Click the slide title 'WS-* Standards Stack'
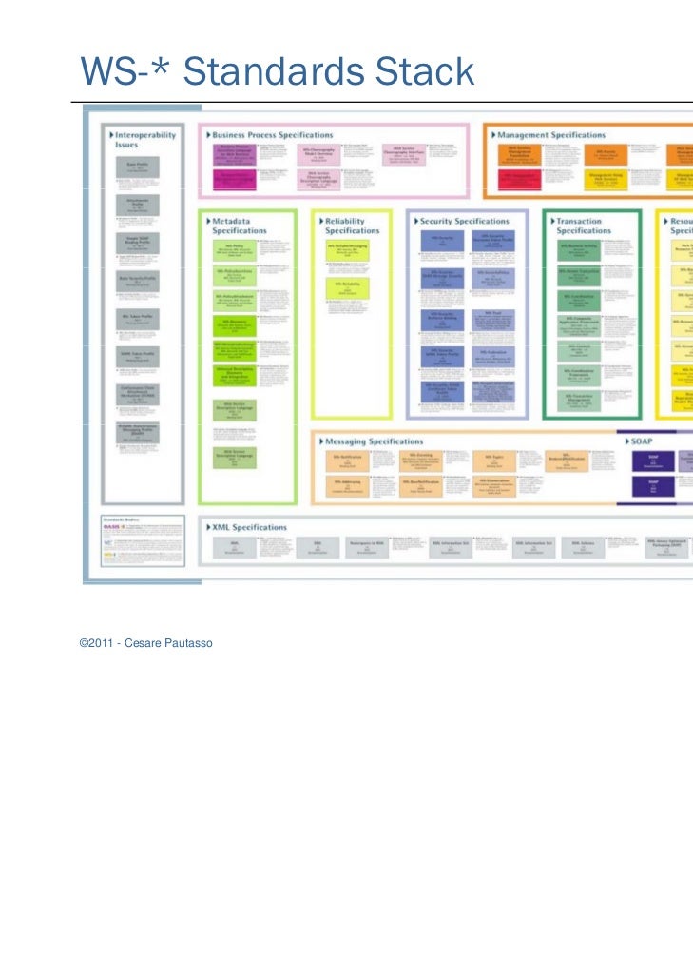click(x=277, y=71)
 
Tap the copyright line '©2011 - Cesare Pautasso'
click(x=146, y=644)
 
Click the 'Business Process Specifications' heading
click(x=272, y=136)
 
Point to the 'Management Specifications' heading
click(x=551, y=136)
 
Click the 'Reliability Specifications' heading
click(x=352, y=225)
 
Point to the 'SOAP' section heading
click(x=642, y=441)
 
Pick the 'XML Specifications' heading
click(x=248, y=527)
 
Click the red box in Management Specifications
click(x=520, y=177)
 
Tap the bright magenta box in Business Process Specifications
click(x=233, y=177)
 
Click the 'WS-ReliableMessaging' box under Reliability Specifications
click(x=347, y=250)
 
